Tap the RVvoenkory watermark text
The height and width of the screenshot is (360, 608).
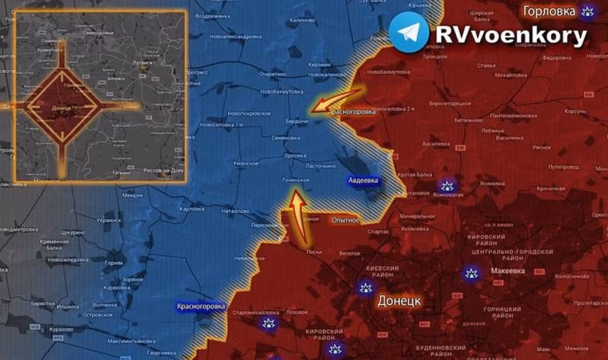tap(511, 35)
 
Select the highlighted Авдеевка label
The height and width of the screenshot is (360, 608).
tap(363, 181)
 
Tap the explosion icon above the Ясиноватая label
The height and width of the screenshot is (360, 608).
tap(447, 185)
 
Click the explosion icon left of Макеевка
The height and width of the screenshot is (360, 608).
tap(471, 274)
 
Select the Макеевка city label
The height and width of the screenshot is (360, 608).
tap(504, 271)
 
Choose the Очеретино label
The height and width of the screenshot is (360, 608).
tap(274, 74)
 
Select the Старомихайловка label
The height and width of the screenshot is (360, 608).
tap(249, 313)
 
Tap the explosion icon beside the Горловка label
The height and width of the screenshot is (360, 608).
tap(588, 11)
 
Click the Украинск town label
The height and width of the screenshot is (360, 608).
tap(109, 220)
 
